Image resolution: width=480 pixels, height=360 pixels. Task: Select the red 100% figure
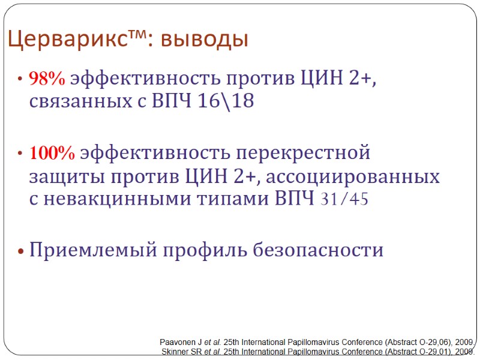click(53, 154)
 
